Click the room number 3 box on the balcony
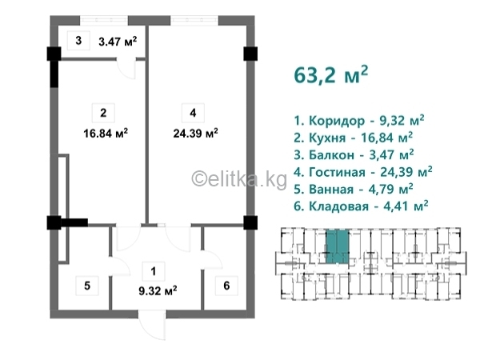(78, 41)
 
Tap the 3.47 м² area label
(118, 41)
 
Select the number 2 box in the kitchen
(103, 113)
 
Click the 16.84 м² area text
(106, 134)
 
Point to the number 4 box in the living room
(193, 113)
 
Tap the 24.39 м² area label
(196, 134)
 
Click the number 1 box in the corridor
(154, 271)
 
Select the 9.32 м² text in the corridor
(158, 290)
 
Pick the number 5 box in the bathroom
(87, 286)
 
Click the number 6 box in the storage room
(226, 286)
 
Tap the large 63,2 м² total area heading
(330, 75)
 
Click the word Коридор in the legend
(337, 122)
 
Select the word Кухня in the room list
(327, 138)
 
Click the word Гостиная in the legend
(337, 172)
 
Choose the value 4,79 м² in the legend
(390, 189)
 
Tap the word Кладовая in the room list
(338, 206)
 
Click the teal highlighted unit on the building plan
(338, 246)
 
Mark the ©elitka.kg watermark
(239, 178)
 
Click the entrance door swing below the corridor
(152, 326)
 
